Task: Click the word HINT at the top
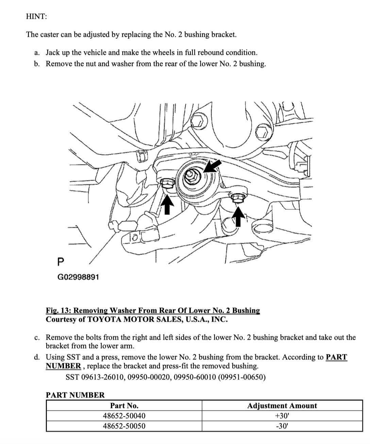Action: coord(36,16)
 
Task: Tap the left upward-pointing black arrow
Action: coord(167,204)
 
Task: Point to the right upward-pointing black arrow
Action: coord(239,217)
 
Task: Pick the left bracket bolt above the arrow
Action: coord(167,184)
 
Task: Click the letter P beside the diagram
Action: coord(61,262)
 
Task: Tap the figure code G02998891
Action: coord(78,277)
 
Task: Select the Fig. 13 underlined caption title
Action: coord(153,310)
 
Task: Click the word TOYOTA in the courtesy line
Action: coord(104,320)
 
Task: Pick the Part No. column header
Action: coord(124,406)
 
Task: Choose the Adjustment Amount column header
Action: coord(282,406)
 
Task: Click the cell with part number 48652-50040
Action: coord(124,416)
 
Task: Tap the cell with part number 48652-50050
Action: coord(124,426)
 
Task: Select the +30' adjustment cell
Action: coord(282,416)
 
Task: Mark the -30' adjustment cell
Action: coord(282,426)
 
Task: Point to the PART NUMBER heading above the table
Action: coord(75,395)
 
